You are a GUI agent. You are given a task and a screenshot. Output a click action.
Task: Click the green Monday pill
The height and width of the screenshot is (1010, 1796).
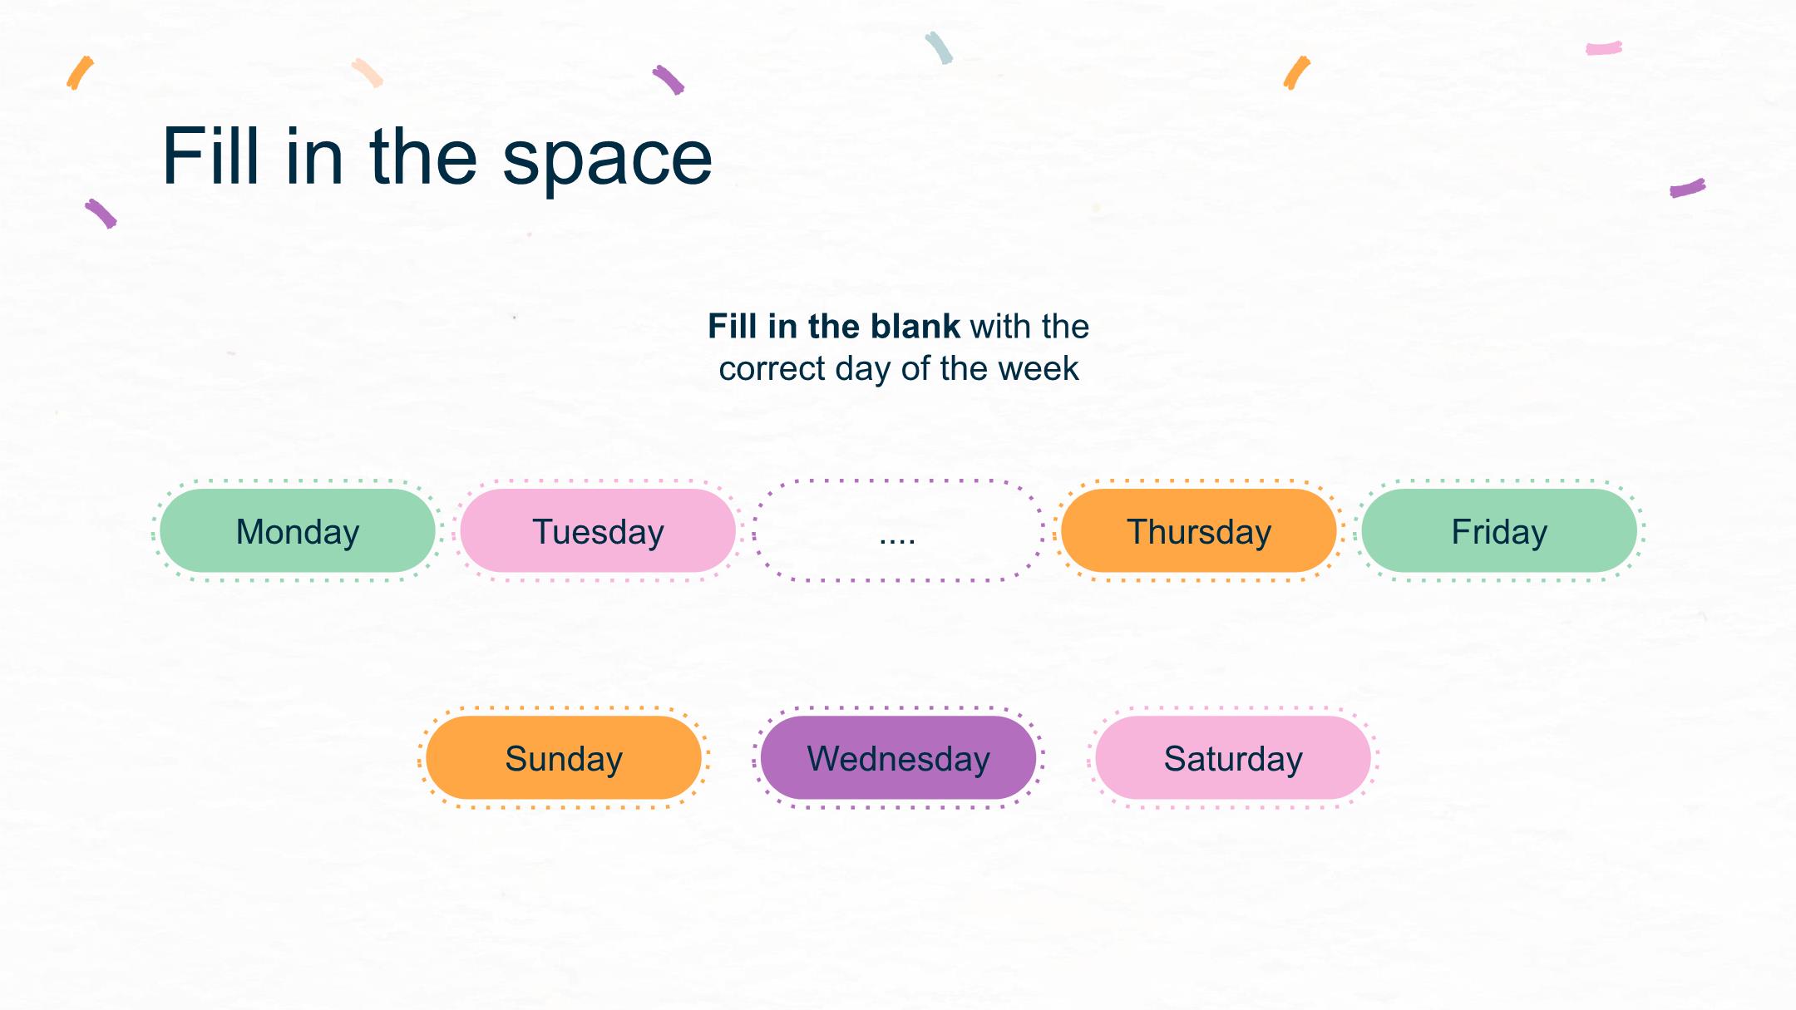pyautogui.click(x=298, y=530)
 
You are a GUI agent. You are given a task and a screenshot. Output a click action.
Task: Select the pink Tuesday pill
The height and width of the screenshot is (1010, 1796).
pyautogui.click(x=598, y=530)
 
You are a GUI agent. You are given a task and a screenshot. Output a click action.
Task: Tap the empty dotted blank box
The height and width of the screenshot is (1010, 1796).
pyautogui.click(x=898, y=530)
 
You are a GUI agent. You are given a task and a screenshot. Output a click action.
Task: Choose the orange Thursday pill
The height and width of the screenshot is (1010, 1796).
pyautogui.click(x=1199, y=530)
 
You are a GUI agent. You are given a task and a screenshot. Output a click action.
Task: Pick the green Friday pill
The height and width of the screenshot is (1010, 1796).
pyautogui.click(x=1499, y=530)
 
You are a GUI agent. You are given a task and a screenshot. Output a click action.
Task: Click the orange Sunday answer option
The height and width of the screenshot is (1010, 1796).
pyautogui.click(x=564, y=757)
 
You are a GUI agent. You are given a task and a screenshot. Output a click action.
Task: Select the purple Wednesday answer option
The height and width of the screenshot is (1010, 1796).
pyautogui.click(x=898, y=757)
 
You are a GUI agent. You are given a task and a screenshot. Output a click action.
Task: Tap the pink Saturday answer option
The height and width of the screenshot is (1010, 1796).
pyautogui.click(x=1233, y=757)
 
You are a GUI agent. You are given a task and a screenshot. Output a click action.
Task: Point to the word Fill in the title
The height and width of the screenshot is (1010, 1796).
pyautogui.click(x=211, y=155)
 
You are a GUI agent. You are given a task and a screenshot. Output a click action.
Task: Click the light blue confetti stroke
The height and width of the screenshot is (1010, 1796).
pyautogui.click(x=940, y=48)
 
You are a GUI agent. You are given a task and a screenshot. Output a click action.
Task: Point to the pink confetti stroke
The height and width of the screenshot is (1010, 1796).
pyautogui.click(x=1604, y=48)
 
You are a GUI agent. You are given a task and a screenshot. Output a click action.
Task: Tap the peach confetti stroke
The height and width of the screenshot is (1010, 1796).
pyautogui.click(x=367, y=73)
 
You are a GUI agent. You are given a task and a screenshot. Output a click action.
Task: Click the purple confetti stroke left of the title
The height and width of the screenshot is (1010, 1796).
pyautogui.click(x=101, y=214)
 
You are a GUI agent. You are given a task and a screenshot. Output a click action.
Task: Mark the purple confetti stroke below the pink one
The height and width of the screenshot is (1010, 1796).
pyautogui.click(x=1688, y=188)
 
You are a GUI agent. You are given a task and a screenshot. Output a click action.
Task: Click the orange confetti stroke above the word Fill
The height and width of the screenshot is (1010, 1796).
pyautogui.click(x=80, y=73)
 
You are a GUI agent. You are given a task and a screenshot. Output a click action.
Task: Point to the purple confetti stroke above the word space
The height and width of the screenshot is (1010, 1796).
pyautogui.click(x=669, y=80)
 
